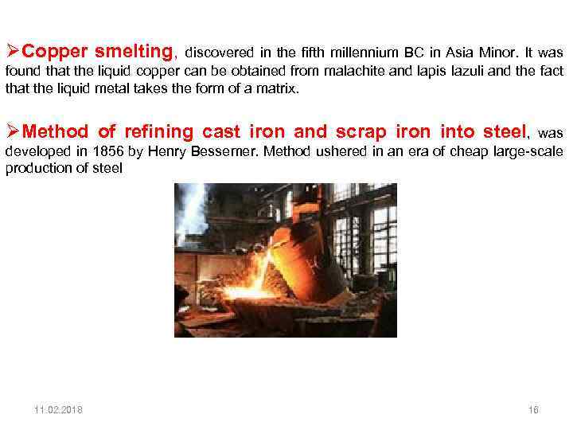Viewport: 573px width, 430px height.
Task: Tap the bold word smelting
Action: tap(133, 53)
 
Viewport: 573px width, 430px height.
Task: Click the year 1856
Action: tap(106, 151)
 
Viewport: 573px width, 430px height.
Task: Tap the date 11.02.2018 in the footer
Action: tap(58, 410)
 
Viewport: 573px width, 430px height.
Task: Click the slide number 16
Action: tap(533, 410)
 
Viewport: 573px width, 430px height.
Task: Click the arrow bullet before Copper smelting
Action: tap(12, 53)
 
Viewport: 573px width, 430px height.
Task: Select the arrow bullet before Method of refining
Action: tap(12, 132)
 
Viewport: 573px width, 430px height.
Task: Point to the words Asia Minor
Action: tap(491, 53)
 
